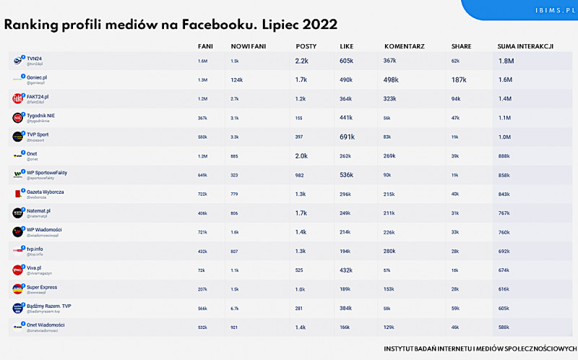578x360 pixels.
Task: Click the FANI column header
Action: click(205, 46)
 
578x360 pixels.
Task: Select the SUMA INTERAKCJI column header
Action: click(525, 46)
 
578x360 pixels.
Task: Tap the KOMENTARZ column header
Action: click(404, 46)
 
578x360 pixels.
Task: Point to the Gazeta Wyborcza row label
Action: click(45, 192)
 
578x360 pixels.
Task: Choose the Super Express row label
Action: click(43, 286)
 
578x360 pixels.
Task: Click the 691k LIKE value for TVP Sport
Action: click(347, 137)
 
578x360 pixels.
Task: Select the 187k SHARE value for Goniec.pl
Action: click(458, 80)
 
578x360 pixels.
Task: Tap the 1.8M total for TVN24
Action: click(506, 61)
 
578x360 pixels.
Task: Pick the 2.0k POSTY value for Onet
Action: click(301, 155)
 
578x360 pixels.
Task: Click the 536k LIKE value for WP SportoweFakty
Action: click(347, 174)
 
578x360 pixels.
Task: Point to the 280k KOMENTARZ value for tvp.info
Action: click(389, 250)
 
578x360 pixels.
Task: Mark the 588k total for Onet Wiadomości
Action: click(504, 326)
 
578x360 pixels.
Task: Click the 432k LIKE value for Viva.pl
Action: click(347, 269)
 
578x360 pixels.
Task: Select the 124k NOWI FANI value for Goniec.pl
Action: click(236, 80)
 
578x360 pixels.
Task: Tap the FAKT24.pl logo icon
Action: click(18, 98)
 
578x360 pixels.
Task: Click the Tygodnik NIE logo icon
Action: click(18, 117)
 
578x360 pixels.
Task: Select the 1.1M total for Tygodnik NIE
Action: click(504, 118)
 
